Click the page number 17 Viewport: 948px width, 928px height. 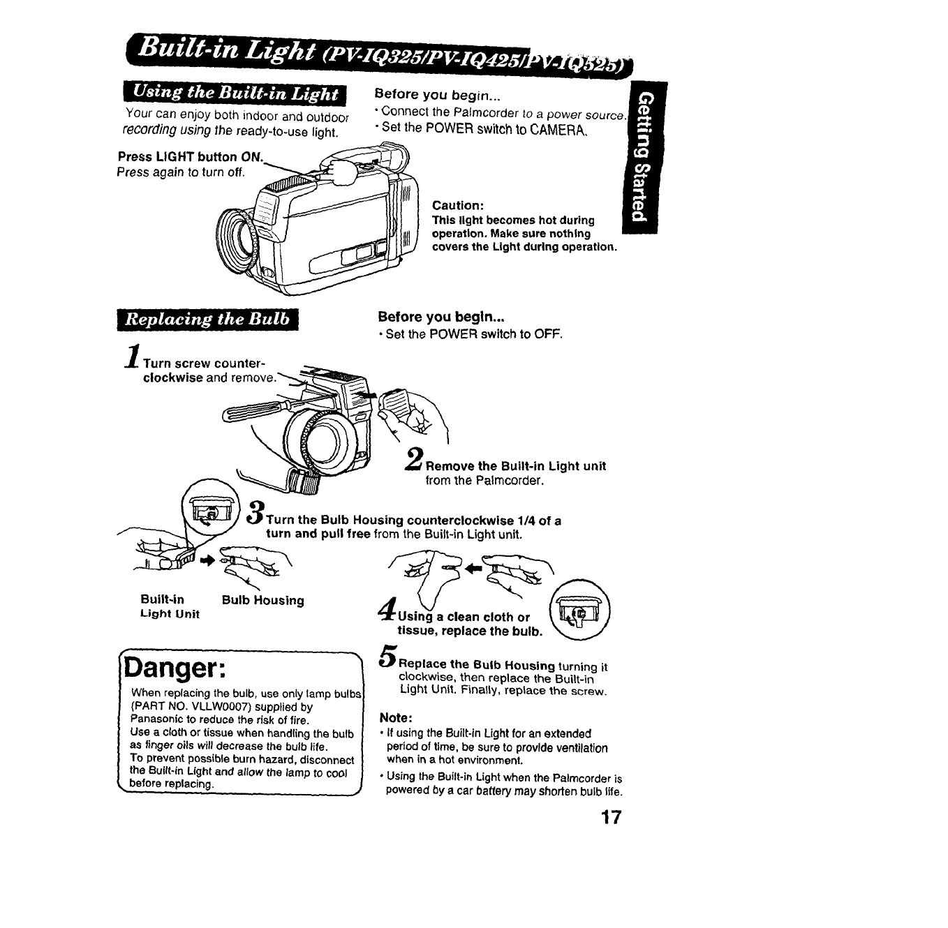pyautogui.click(x=609, y=818)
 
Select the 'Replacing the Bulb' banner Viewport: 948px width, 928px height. pyautogui.click(x=207, y=320)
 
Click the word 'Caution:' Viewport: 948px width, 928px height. pyautogui.click(x=458, y=205)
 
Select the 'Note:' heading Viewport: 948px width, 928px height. pyautogui.click(x=397, y=717)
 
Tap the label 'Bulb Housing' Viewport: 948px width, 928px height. pyautogui.click(x=262, y=600)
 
